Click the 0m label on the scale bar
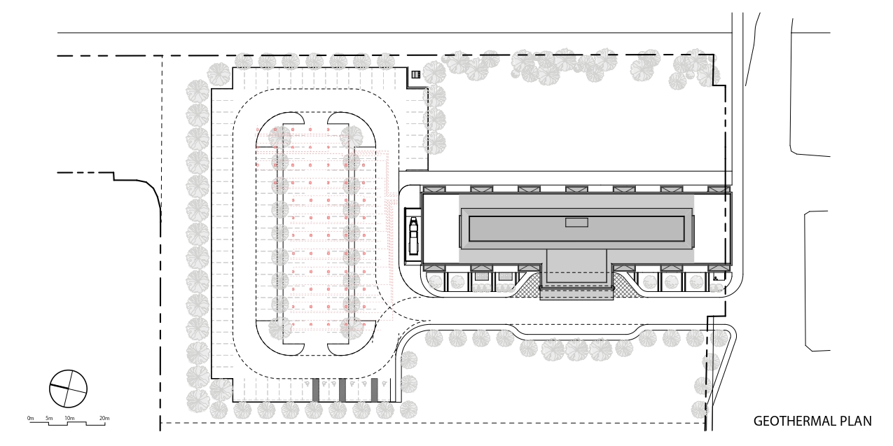pos(31,418)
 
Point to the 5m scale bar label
pos(49,418)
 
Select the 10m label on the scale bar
pos(69,418)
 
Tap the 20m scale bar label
pos(104,418)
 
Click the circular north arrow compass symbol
pos(68,389)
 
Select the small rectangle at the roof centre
pos(576,223)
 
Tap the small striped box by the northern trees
pos(416,74)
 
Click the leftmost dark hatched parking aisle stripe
pos(315,390)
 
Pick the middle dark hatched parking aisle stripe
pos(342,390)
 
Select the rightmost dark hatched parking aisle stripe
pos(374,390)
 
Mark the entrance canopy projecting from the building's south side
pos(576,293)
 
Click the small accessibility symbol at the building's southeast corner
pos(716,278)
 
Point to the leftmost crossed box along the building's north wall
pos(434,189)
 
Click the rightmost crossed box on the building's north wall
pos(719,189)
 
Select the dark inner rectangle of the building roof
pos(576,229)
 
